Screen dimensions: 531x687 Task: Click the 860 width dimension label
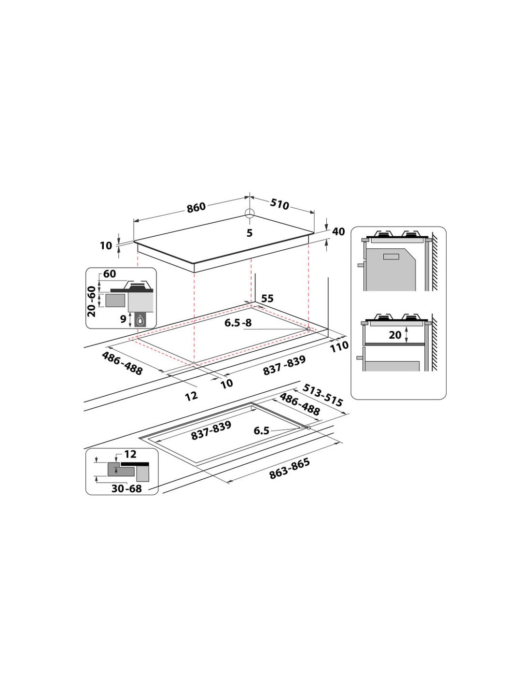(196, 207)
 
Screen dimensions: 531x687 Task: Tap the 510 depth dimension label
(279, 204)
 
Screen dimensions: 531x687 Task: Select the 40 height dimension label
(338, 231)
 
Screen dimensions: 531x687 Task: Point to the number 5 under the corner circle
(250, 233)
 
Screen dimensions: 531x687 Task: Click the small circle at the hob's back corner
(250, 213)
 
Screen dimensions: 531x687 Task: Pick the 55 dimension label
(267, 298)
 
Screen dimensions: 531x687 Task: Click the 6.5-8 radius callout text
(238, 323)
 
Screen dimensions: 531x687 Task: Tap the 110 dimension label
(339, 346)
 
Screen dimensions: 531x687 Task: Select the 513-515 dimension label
(322, 395)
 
